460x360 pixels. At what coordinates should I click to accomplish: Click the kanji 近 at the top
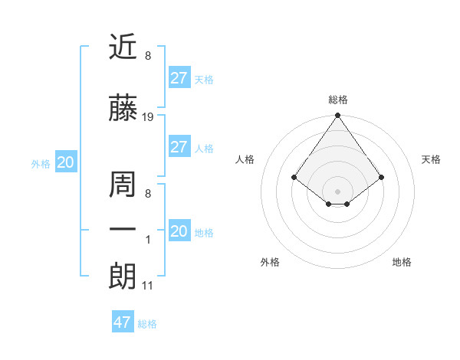(123, 47)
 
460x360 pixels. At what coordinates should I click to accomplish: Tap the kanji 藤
(123, 110)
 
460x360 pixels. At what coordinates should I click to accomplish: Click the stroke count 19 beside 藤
(148, 117)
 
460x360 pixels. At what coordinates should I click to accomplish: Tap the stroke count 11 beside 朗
(148, 286)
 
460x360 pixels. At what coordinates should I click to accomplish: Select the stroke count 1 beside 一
(148, 240)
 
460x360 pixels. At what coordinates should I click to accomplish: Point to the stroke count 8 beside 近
(147, 55)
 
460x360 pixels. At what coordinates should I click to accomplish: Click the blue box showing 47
(123, 322)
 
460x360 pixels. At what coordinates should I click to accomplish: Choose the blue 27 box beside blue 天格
(179, 77)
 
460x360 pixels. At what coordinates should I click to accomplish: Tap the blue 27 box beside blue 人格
(179, 147)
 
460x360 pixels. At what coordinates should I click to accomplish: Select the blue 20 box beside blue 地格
(179, 231)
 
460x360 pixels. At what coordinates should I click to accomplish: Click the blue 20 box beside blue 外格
(65, 162)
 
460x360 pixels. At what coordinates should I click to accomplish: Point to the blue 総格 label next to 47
(147, 324)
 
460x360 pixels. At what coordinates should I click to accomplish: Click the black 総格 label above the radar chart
(337, 100)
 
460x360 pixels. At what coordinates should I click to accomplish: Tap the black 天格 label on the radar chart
(431, 159)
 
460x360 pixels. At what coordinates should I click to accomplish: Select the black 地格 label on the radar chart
(402, 262)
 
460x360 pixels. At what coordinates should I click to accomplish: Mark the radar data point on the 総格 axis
(337, 116)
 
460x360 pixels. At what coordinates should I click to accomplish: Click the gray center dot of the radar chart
(337, 191)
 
